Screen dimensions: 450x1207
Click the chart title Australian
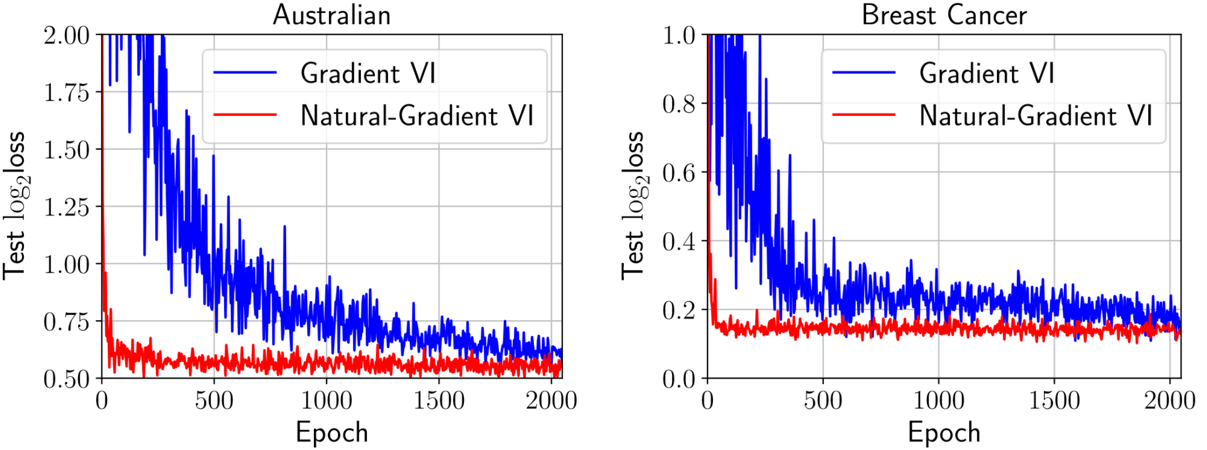click(x=332, y=15)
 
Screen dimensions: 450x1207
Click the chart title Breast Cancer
click(x=944, y=15)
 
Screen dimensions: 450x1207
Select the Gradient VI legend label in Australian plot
click(x=368, y=73)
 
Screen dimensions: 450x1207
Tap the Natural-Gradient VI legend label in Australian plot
click(x=416, y=116)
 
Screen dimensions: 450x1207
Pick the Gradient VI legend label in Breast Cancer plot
click(x=986, y=73)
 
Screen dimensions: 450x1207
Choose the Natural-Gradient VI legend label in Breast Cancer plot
click(x=1036, y=116)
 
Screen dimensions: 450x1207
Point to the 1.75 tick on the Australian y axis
click(x=67, y=93)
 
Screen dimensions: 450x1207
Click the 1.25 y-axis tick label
click(x=67, y=207)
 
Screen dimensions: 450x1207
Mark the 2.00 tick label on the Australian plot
click(x=67, y=35)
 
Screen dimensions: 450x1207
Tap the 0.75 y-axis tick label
click(x=67, y=321)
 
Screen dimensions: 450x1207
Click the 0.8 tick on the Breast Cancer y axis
click(x=679, y=104)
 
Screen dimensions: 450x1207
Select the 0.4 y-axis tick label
click(x=679, y=241)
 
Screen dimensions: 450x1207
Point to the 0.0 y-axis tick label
click(x=679, y=379)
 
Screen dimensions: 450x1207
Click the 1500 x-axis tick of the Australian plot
click(x=439, y=400)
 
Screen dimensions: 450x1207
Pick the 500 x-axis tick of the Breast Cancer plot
click(x=823, y=400)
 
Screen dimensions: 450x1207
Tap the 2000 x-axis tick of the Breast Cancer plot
click(x=1170, y=400)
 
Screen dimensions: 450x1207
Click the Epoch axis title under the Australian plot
click(x=332, y=432)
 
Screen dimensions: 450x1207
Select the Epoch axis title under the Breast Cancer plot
click(x=944, y=432)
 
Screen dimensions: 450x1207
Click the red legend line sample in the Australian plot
click(x=245, y=115)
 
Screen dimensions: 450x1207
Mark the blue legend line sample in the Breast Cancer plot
click(x=864, y=73)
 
